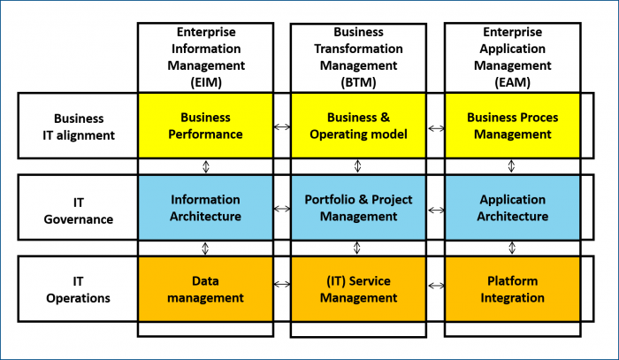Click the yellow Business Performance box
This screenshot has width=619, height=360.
(205, 126)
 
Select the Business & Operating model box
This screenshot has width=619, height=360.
(358, 126)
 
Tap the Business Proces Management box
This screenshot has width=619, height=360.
(512, 126)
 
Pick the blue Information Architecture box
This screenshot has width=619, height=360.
(205, 208)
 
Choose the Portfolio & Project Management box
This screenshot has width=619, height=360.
(358, 208)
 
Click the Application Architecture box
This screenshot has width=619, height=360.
(512, 208)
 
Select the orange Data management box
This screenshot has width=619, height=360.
(205, 289)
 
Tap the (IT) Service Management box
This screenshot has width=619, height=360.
(358, 289)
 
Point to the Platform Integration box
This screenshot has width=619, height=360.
(512, 289)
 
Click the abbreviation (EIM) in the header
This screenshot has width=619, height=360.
(206, 82)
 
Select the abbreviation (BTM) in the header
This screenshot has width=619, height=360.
(358, 82)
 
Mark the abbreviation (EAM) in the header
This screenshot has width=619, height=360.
(512, 82)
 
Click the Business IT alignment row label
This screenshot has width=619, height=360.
(79, 126)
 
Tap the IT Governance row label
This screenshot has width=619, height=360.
(79, 211)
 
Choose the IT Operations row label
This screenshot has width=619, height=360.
(78, 290)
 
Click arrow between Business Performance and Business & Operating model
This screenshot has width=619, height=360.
(282, 126)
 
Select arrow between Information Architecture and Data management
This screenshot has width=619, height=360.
(205, 249)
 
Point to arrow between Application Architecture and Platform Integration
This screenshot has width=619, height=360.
(512, 248)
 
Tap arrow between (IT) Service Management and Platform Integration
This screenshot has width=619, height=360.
(436, 286)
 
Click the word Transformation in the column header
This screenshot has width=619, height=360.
(358, 49)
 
